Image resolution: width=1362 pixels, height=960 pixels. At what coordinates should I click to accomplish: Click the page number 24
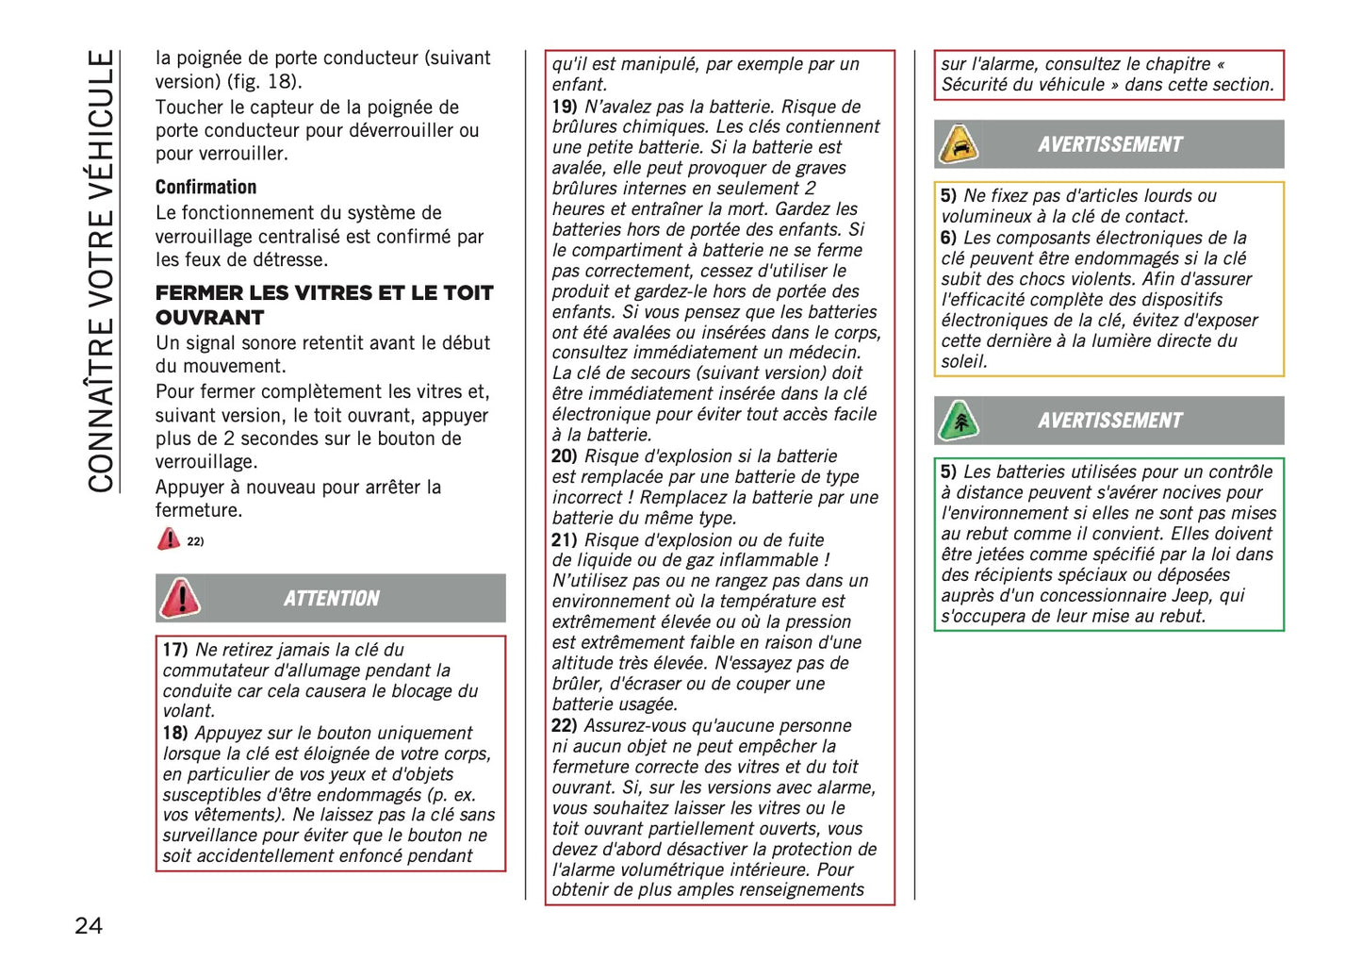point(89,925)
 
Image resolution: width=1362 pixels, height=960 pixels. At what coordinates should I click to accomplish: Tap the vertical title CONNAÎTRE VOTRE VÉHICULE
point(101,272)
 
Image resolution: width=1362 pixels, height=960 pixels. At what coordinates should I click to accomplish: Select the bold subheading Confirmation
point(205,187)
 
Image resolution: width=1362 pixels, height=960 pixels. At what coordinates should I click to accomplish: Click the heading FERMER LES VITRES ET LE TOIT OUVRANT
point(323,305)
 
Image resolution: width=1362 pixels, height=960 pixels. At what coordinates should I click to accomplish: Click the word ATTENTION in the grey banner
point(332,599)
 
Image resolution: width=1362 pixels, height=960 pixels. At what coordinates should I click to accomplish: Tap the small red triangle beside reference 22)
point(169,539)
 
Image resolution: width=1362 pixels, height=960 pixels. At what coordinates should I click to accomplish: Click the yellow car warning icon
point(959,144)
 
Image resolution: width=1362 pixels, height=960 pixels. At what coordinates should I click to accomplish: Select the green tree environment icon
point(959,421)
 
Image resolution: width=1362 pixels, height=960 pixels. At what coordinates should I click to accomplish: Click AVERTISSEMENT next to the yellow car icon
point(1109,144)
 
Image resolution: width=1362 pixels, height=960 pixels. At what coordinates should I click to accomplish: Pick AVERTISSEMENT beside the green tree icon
point(1109,421)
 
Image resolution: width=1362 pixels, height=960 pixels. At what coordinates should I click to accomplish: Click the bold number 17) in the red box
point(175,650)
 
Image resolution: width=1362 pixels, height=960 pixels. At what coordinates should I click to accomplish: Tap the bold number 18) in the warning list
point(175,733)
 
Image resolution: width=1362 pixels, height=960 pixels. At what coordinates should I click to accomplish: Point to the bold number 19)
point(565,107)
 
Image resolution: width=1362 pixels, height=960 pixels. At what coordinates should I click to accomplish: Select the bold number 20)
point(565,456)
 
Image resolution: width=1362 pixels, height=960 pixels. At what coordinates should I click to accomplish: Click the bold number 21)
point(565,540)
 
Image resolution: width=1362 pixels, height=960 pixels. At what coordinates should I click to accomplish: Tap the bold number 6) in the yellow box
point(948,238)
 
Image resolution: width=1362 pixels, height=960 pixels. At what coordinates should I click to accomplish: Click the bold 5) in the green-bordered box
point(948,472)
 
